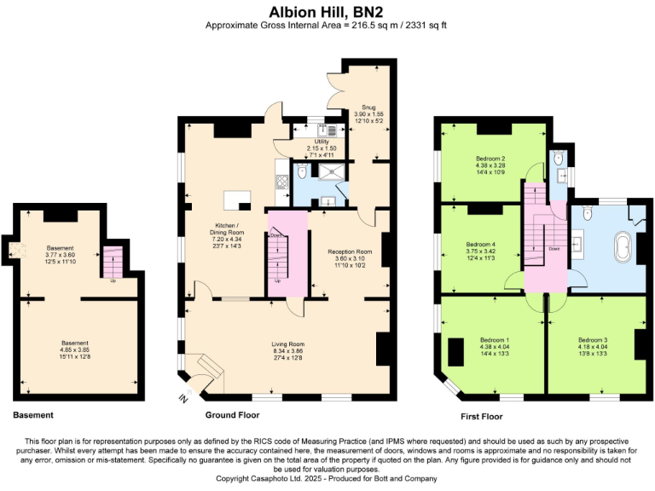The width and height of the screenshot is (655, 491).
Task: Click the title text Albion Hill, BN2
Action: pos(327,12)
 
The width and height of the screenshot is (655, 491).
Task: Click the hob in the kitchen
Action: pos(281,182)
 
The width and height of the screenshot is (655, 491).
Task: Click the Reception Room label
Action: pos(350,251)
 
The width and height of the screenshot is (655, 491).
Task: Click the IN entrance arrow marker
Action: pos(183,397)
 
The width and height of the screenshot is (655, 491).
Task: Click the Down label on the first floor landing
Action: pos(554,249)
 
